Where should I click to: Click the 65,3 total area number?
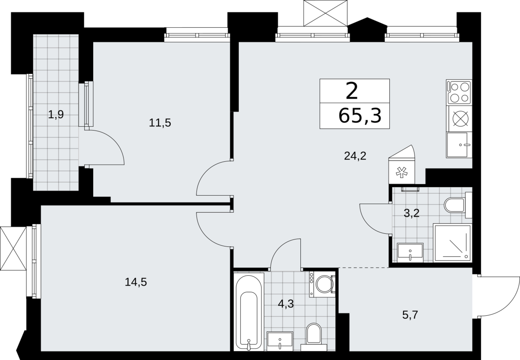(x=360, y=116)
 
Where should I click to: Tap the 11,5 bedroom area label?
(x=160, y=122)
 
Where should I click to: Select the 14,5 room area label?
(x=136, y=282)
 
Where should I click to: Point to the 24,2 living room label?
(x=355, y=156)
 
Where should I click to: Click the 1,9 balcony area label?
(x=56, y=114)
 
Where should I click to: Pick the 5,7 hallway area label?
(x=410, y=315)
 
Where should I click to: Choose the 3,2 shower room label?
(x=412, y=213)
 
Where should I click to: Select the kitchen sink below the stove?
(x=458, y=145)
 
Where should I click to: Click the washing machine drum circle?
(x=324, y=284)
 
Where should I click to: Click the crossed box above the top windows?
(x=326, y=13)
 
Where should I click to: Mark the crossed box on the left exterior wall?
(x=13, y=248)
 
